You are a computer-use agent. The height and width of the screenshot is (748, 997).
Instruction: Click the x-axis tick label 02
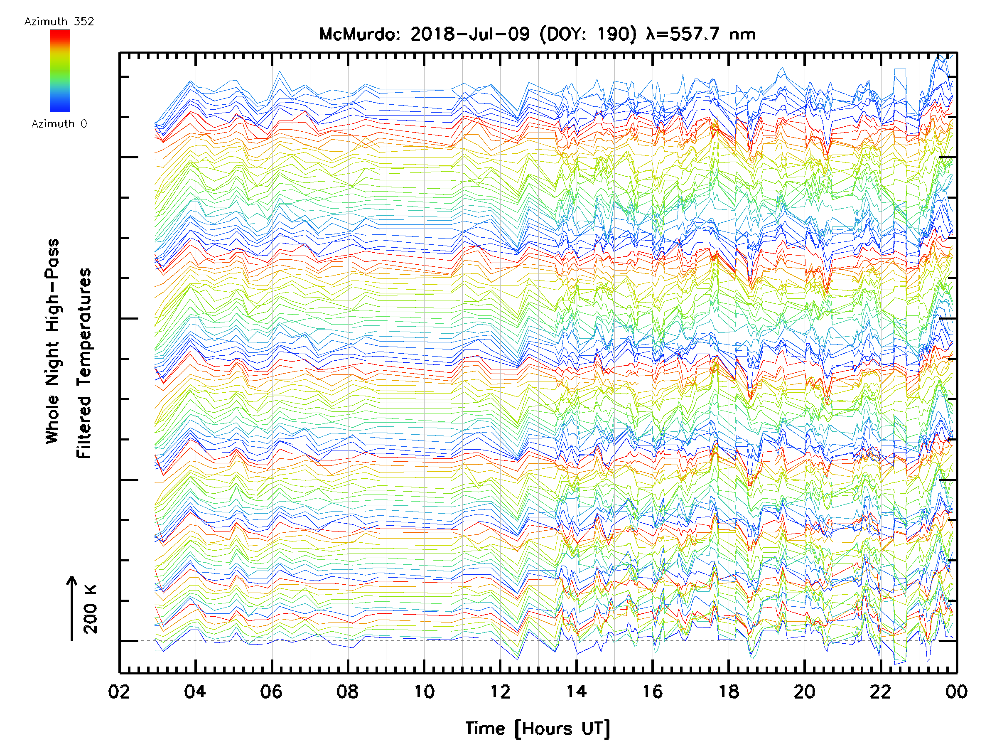(x=119, y=691)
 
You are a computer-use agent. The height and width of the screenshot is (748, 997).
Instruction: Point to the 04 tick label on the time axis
(x=195, y=691)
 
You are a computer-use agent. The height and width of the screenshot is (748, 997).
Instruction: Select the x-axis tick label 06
(x=271, y=691)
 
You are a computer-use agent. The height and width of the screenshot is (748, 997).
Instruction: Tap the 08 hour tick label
(x=348, y=691)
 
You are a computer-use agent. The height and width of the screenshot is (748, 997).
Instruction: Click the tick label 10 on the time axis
(x=424, y=691)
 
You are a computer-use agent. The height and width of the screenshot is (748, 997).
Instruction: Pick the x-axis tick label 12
(x=500, y=691)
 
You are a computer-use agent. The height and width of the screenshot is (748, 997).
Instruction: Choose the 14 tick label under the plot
(x=576, y=691)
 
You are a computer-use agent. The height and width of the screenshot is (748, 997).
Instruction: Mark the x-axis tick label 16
(x=652, y=691)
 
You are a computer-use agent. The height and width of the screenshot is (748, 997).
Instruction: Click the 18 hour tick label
(x=728, y=691)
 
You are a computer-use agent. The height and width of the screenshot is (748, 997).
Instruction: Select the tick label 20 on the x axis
(x=805, y=691)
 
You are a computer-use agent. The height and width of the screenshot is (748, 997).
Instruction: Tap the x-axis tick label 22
(x=881, y=691)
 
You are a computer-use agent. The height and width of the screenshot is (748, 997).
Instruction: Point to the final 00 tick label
(x=956, y=691)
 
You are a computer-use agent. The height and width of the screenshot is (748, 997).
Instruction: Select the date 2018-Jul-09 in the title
(x=470, y=34)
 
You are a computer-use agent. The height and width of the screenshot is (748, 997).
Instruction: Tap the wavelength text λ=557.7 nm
(x=701, y=34)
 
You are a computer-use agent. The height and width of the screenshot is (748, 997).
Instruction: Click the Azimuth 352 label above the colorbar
(x=59, y=22)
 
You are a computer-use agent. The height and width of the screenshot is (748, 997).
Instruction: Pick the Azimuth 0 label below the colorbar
(x=59, y=123)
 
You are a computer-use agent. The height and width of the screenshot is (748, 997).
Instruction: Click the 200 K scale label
(x=91, y=609)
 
